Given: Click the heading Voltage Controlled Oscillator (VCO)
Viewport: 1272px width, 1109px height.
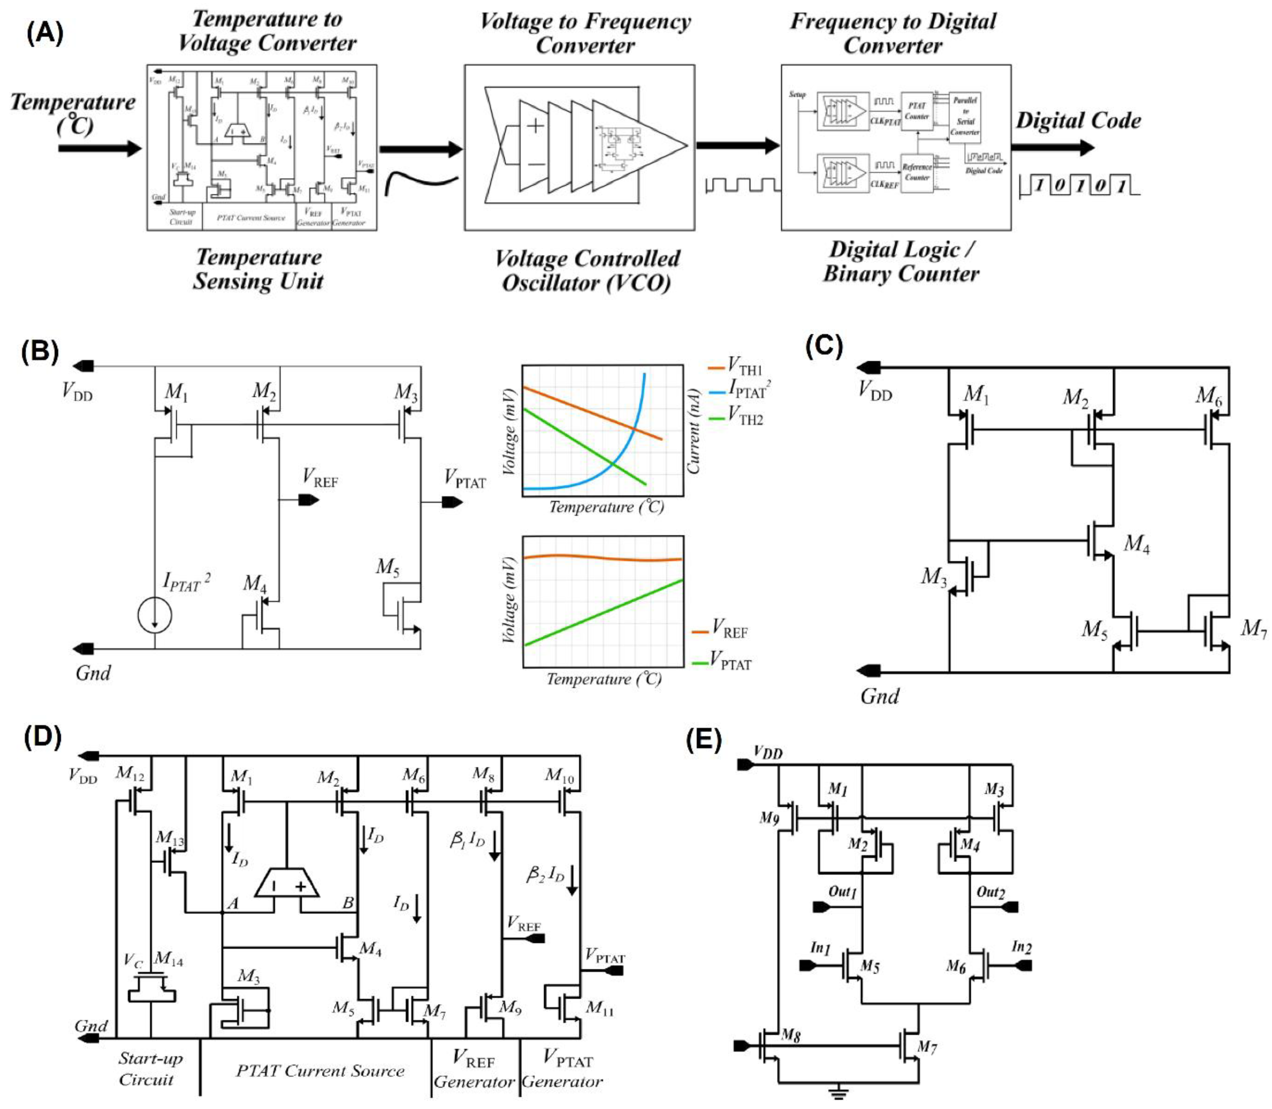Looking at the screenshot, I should (586, 270).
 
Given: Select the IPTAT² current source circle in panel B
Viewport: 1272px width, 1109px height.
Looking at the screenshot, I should (155, 616).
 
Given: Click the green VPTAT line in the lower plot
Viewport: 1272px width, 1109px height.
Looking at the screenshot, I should (603, 613).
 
